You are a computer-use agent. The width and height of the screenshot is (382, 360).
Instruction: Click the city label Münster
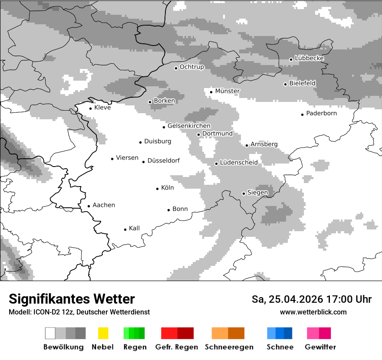point(227,91)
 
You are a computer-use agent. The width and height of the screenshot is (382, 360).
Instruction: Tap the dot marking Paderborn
point(303,115)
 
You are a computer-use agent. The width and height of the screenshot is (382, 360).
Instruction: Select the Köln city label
point(168,188)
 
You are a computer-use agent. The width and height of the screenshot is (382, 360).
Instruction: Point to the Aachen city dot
point(89,206)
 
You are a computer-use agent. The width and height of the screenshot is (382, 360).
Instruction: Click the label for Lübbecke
point(310,58)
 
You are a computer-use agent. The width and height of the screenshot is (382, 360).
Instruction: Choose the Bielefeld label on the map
point(303,83)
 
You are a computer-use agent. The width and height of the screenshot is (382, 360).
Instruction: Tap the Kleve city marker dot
point(91,108)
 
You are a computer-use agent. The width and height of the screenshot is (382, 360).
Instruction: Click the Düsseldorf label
point(164,160)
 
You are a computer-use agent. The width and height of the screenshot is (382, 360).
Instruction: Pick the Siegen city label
point(258,193)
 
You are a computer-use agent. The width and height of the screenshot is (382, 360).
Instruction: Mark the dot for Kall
point(125,229)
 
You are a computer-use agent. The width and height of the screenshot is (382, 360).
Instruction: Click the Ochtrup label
point(192,67)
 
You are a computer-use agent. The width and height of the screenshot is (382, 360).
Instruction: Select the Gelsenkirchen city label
point(189,126)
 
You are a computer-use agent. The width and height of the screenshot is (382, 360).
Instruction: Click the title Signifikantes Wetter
point(72,299)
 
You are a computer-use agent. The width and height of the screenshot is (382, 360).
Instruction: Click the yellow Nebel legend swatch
point(103,333)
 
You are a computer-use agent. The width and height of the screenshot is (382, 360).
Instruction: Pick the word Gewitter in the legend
point(320,347)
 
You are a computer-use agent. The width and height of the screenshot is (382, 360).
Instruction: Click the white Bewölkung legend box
point(50,333)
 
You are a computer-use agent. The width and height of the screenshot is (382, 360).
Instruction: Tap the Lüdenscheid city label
point(239,163)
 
